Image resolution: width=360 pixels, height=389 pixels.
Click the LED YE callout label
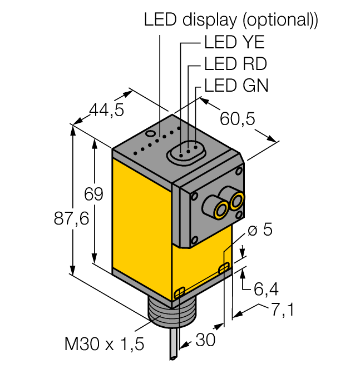[234, 43]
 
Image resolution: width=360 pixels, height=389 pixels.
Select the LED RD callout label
[235, 64]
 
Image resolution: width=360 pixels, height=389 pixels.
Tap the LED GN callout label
[236, 86]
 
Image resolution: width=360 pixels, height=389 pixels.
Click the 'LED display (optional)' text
[231, 20]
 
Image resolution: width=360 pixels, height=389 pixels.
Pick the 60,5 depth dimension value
[238, 118]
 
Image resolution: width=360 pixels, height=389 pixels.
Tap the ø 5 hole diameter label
[259, 230]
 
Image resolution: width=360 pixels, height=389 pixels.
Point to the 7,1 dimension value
[282, 310]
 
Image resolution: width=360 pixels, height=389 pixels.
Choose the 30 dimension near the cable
[205, 340]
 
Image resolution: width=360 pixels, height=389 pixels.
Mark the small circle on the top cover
[150, 134]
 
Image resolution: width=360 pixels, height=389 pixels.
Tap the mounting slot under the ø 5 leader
[224, 269]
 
